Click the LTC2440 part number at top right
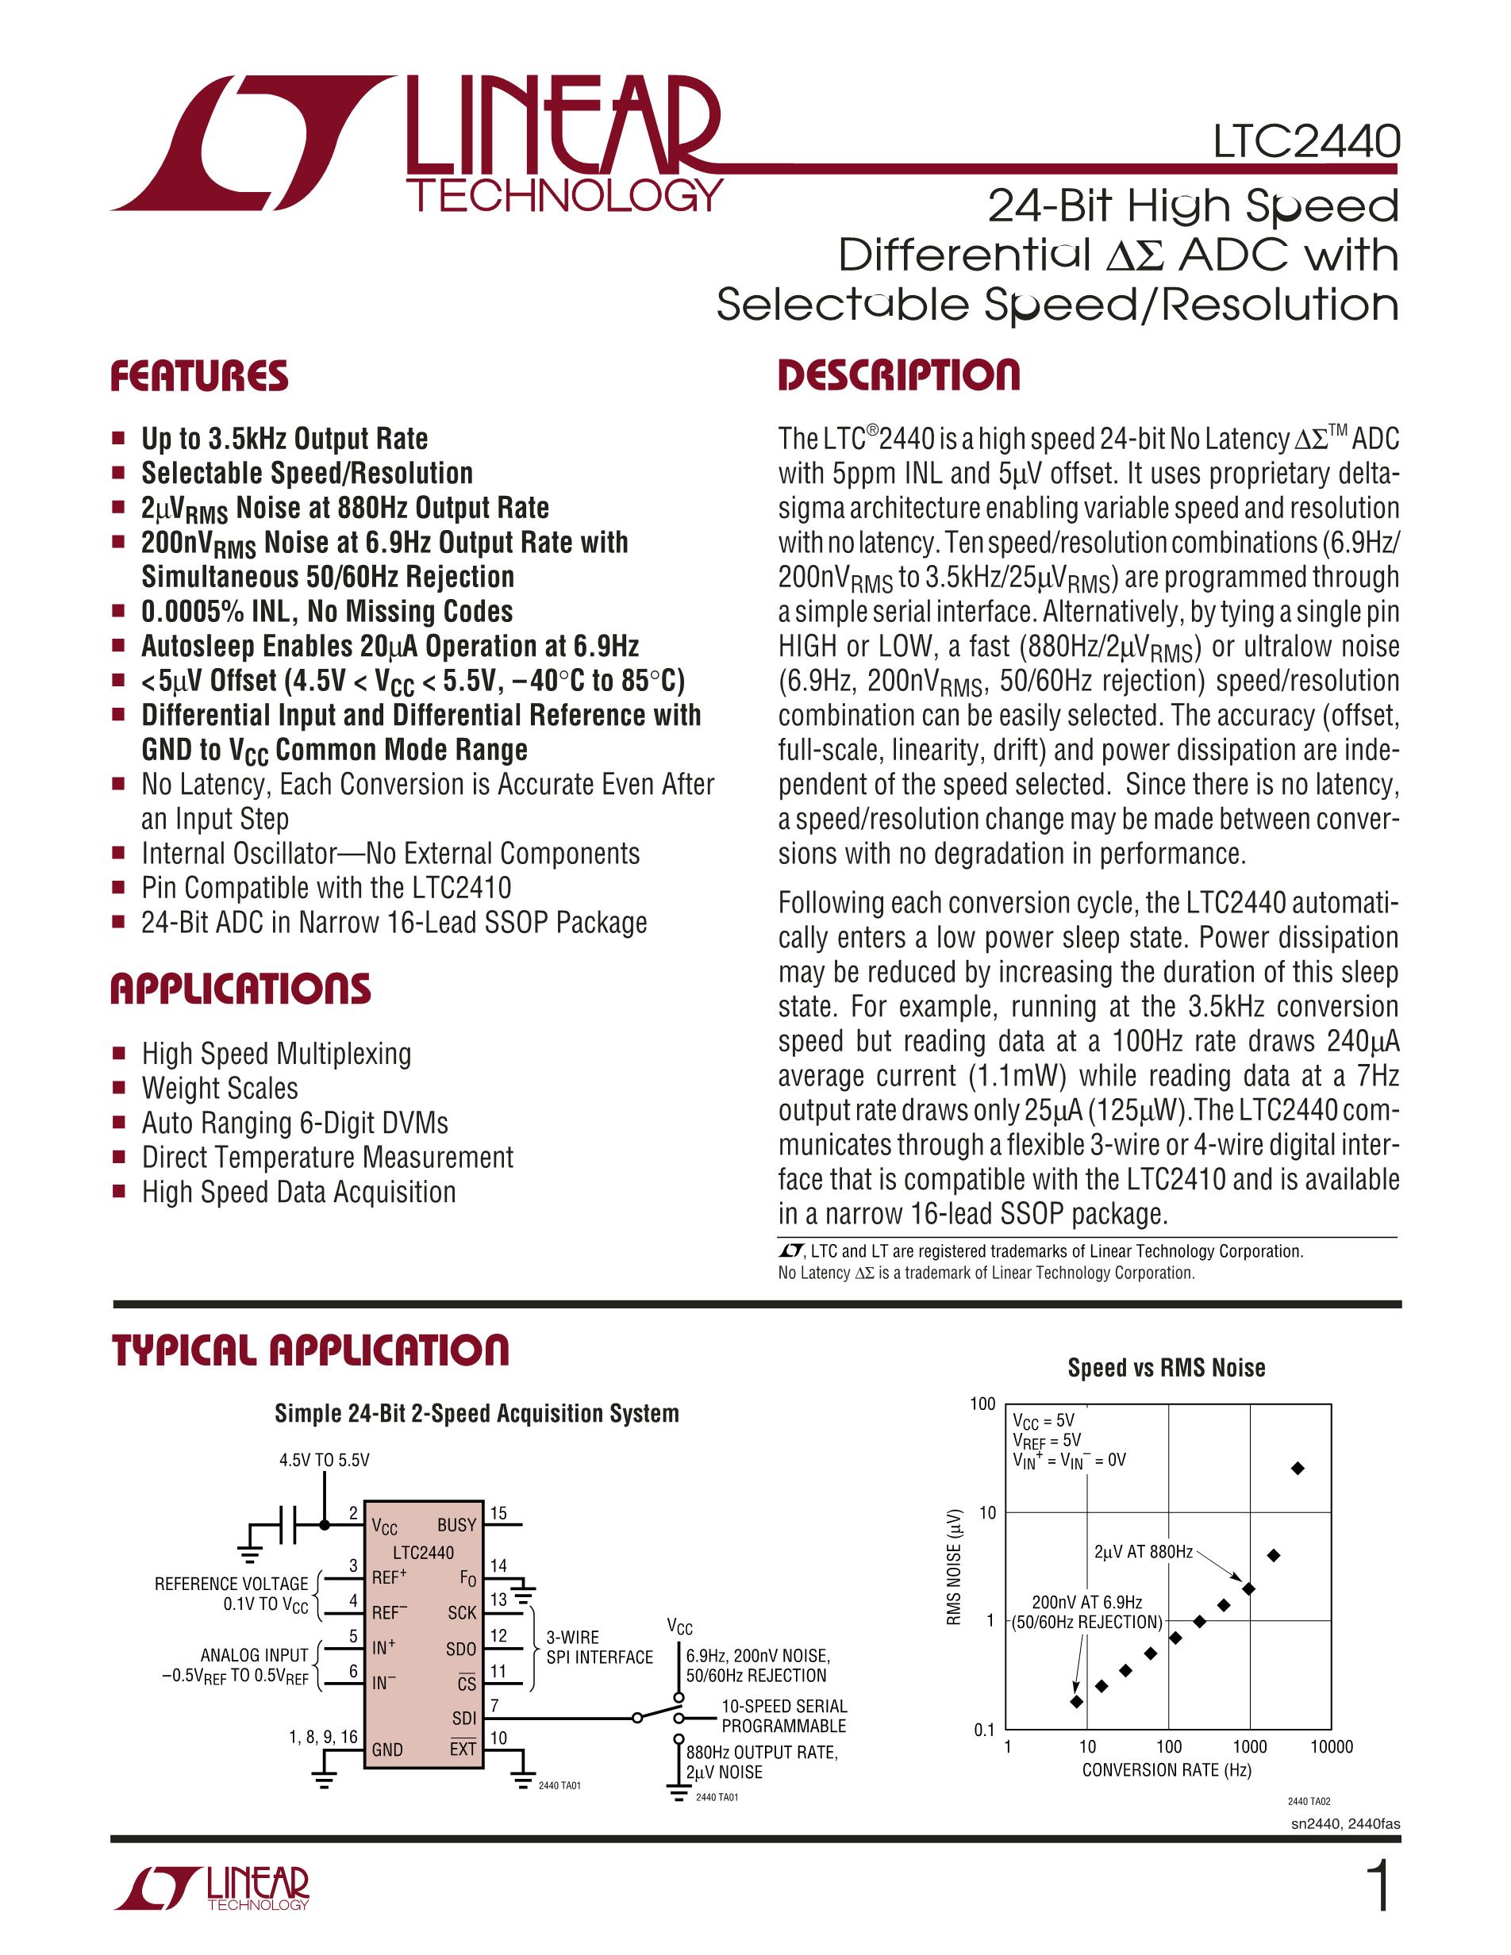pos(1306,142)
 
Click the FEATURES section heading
pos(198,377)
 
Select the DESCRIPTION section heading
pos(898,375)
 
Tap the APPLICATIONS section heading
pos(240,989)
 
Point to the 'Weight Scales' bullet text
pos(219,1089)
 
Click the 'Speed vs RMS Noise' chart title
pos(1166,1368)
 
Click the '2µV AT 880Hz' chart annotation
pos(1143,1551)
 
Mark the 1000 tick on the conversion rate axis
pos(1249,1746)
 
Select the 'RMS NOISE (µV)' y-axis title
pos(956,1566)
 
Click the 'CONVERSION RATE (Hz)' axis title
pos(1167,1769)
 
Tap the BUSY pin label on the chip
pos(456,1524)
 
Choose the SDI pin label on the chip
pos(463,1718)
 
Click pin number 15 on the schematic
pos(498,1513)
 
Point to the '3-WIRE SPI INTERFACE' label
pos(599,1647)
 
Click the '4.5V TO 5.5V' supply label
pos(324,1460)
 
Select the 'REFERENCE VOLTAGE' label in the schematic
pos(231,1584)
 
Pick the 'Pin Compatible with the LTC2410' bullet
pos(326,888)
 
